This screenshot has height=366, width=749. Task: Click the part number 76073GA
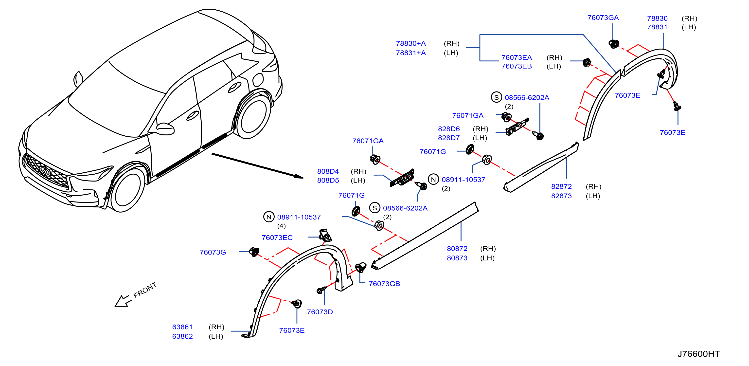[603, 18]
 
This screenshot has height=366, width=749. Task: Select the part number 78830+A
[410, 43]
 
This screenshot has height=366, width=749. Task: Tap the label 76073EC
[277, 238]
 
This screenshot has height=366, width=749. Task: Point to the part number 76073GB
[384, 284]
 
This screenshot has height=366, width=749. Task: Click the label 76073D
[320, 312]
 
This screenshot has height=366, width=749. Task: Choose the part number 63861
[182, 327]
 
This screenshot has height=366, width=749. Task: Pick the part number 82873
[561, 196]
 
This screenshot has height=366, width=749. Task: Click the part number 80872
[457, 248]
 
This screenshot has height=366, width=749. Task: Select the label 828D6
[449, 129]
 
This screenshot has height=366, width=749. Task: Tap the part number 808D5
[328, 180]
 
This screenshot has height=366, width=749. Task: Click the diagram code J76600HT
[698, 354]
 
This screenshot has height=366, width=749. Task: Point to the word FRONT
[145, 290]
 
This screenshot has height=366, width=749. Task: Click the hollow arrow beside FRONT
[123, 301]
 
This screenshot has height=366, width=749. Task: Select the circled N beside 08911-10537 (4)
[269, 217]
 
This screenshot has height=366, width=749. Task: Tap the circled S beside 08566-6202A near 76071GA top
[496, 97]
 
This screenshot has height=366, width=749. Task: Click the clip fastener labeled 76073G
[254, 252]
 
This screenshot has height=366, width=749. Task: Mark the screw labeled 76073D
[321, 290]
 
